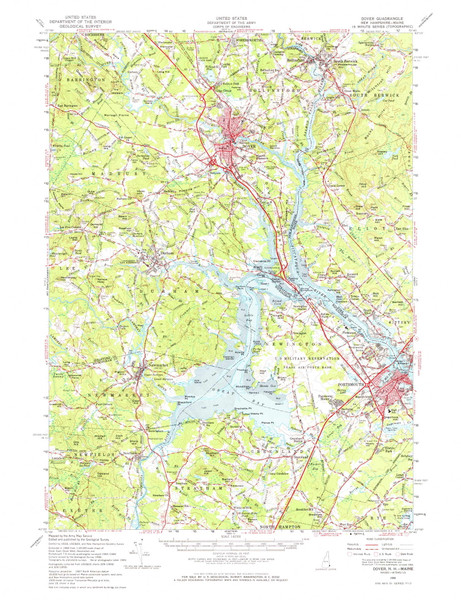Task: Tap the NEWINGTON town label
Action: pos(312,313)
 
